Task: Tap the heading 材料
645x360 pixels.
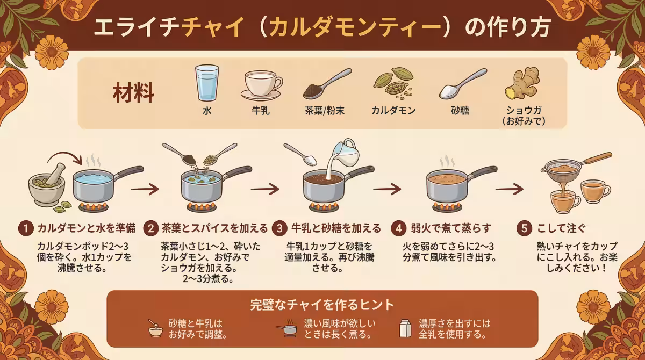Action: coord(133,93)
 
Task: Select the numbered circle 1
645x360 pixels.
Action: coord(24,228)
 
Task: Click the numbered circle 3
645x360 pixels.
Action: coord(279,228)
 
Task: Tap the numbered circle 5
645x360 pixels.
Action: coord(524,228)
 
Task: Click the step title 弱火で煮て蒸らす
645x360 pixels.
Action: coord(447,228)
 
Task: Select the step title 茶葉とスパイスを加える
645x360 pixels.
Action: coord(214,228)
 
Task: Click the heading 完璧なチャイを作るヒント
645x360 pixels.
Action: coord(322,305)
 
